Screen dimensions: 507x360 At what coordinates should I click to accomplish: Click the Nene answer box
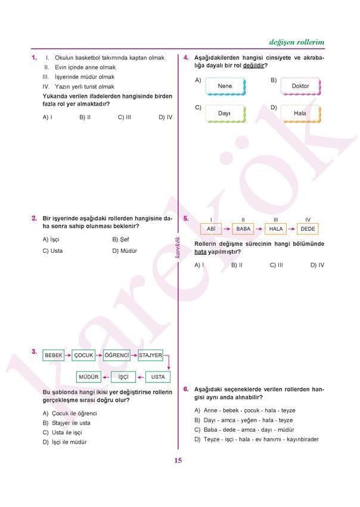click(x=225, y=86)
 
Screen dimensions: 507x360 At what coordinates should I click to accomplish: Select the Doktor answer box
click(x=300, y=86)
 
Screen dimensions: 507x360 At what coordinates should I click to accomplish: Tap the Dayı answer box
click(x=224, y=113)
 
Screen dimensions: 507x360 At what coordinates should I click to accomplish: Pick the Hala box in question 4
click(x=300, y=113)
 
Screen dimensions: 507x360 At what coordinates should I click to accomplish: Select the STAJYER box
click(x=150, y=355)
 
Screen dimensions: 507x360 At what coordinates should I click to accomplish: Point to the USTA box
click(x=158, y=377)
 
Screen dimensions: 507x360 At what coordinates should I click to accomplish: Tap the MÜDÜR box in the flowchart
click(x=88, y=377)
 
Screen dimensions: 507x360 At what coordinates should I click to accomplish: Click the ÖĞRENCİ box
click(x=117, y=355)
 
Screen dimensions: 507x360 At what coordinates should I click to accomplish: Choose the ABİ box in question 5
click(x=210, y=228)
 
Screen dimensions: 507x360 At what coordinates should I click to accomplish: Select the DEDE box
click(x=308, y=228)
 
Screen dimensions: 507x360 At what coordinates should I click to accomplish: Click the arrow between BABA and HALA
click(x=259, y=228)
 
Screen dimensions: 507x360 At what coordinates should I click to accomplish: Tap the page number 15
click(x=178, y=460)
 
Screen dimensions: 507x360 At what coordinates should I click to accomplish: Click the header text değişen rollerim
click(x=296, y=42)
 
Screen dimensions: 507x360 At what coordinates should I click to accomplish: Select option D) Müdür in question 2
click(x=125, y=251)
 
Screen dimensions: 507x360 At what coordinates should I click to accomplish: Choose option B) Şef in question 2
click(x=120, y=239)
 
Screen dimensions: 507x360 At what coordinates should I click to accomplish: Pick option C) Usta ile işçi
click(x=63, y=432)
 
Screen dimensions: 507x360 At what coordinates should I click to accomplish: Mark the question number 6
click(x=186, y=389)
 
